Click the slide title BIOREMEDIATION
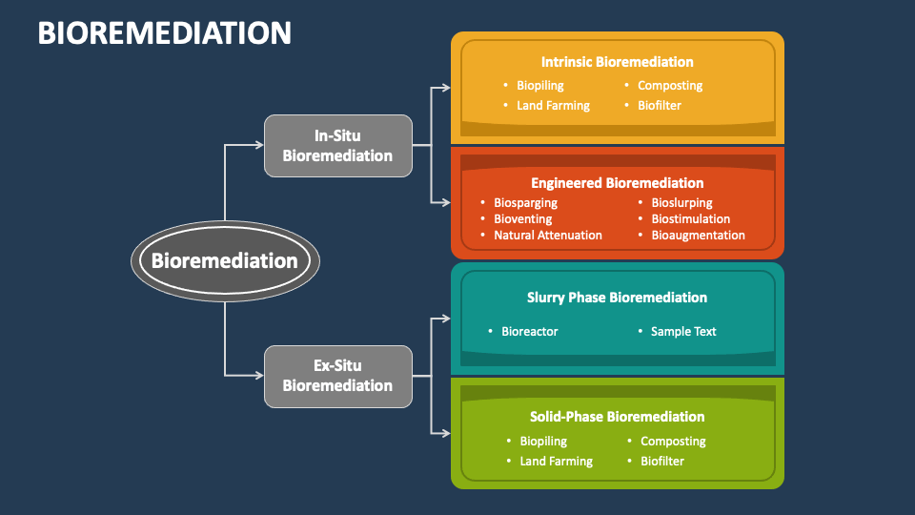164,32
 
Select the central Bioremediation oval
225,260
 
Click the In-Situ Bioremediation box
337,146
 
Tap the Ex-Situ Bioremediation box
337,376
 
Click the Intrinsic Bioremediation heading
617,62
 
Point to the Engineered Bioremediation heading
617,183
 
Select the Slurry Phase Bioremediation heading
617,298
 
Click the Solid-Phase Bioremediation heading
617,417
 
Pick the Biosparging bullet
525,203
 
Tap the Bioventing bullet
522,219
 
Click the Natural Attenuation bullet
547,236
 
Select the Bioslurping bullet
681,203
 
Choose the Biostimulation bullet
690,219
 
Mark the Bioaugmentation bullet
698,236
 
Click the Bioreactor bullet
529,332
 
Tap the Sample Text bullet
682,332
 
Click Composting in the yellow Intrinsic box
669,86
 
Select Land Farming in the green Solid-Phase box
556,462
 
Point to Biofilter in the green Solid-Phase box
661,462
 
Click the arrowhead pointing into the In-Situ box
258,146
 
